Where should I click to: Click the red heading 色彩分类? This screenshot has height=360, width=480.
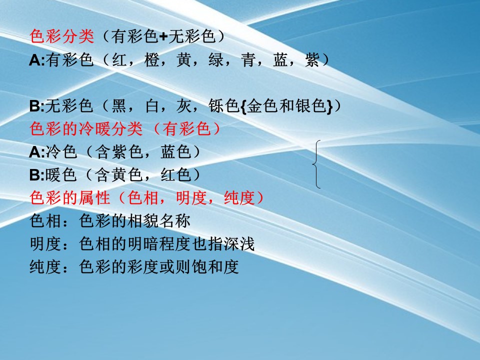pyautogui.click(x=62, y=36)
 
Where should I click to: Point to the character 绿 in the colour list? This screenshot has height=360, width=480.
pyautogui.click(x=216, y=59)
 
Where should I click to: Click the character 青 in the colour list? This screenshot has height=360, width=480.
pyautogui.click(x=248, y=59)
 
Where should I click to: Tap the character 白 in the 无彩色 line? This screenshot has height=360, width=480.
pyautogui.click(x=152, y=106)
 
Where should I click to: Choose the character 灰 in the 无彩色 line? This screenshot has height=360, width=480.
pyautogui.click(x=184, y=106)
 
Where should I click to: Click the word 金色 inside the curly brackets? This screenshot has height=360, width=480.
pyautogui.click(x=262, y=106)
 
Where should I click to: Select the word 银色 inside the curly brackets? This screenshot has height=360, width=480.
pyautogui.click(x=311, y=106)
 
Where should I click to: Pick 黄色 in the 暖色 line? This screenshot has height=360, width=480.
pyautogui.click(x=127, y=175)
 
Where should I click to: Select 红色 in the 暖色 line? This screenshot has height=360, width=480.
pyautogui.click(x=176, y=175)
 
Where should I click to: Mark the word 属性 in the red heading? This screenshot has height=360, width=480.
pyautogui.click(x=94, y=198)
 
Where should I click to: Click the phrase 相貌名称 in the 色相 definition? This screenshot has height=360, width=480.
pyautogui.click(x=159, y=220)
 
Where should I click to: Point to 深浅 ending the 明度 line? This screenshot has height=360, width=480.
pyautogui.click(x=239, y=244)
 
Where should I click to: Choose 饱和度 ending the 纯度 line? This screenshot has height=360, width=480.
pyautogui.click(x=215, y=266)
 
